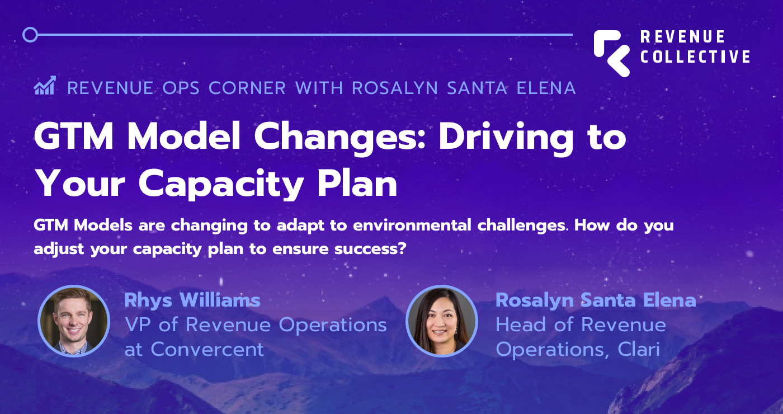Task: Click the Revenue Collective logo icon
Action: [611, 53]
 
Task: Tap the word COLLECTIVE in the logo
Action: [695, 57]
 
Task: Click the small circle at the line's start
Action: [30, 35]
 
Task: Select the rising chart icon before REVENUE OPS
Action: [45, 87]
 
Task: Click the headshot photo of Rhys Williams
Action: [74, 321]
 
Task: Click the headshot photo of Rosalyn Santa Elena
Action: [442, 321]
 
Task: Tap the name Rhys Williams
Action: [192, 300]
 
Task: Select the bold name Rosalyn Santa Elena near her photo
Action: [596, 300]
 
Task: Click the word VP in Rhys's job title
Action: [139, 325]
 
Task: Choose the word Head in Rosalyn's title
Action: [521, 325]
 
